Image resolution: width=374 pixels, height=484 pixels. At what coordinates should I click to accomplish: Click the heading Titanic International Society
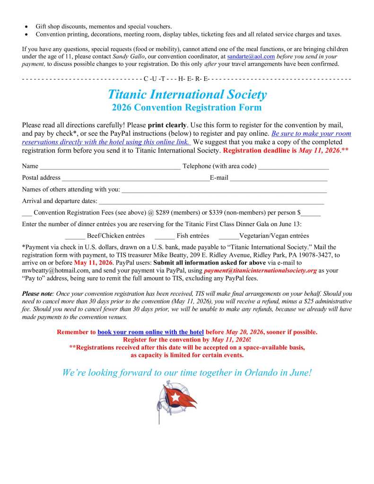[x=187, y=95]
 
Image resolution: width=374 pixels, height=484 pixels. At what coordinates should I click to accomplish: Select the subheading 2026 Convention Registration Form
[x=187, y=107]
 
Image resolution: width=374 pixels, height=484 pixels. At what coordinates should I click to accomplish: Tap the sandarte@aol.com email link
[x=251, y=56]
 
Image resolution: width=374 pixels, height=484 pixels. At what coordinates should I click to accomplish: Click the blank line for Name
[x=110, y=167]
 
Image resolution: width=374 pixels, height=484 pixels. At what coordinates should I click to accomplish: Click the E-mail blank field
[x=279, y=178]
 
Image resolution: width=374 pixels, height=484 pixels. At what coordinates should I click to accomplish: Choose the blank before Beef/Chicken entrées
[x=75, y=236]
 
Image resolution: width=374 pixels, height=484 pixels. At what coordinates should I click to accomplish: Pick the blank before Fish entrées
[x=165, y=236]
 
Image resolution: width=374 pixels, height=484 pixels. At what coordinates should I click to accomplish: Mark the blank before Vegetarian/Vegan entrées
[x=229, y=236]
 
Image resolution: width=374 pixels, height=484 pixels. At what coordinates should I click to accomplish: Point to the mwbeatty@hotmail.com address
[x=52, y=271]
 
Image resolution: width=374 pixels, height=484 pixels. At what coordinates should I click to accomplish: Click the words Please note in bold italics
[x=38, y=294]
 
